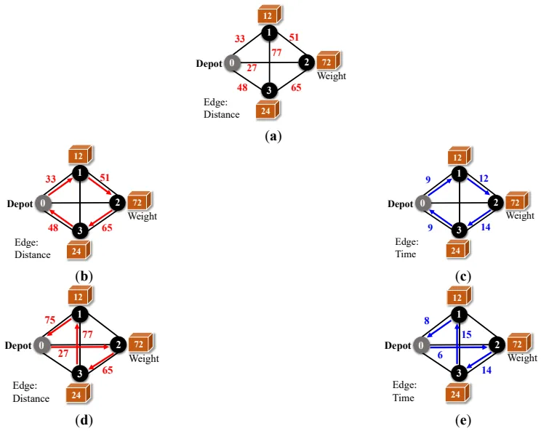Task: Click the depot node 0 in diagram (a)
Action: point(232,63)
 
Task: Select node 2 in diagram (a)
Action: point(307,63)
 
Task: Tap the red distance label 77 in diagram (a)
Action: point(276,52)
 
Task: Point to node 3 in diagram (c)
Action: point(460,230)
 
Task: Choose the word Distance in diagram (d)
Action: point(32,398)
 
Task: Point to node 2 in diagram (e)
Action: point(497,345)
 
